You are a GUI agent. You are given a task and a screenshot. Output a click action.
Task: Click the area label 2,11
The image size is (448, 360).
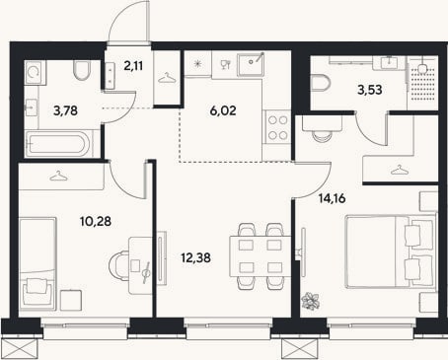[133, 66]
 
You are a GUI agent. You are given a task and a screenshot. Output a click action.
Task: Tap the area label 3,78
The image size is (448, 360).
[65, 110]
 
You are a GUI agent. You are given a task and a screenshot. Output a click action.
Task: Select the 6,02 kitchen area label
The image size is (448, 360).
[223, 110]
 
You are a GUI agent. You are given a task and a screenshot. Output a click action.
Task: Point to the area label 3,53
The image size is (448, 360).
[370, 90]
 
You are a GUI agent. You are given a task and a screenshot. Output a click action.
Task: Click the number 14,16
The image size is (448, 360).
[333, 198]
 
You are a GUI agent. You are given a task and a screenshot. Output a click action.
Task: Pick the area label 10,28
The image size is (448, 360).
[96, 221]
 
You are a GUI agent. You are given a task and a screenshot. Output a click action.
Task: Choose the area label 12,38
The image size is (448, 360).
[196, 257]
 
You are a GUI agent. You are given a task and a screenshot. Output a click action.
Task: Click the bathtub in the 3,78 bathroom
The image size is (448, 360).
[58, 143]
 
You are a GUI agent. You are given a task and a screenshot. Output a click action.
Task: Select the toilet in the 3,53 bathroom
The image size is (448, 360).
[320, 83]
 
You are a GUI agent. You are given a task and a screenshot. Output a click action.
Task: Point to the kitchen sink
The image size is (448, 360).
[251, 63]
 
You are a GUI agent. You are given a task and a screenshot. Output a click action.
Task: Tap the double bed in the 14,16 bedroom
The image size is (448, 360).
[391, 252]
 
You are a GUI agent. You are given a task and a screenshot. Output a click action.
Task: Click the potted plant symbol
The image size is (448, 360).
[311, 301]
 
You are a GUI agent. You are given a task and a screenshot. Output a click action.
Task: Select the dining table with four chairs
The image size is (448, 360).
[260, 256]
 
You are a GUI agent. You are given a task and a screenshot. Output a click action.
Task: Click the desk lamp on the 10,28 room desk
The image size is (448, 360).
[147, 272]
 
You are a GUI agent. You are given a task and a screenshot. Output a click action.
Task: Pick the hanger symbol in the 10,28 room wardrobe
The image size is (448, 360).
[59, 177]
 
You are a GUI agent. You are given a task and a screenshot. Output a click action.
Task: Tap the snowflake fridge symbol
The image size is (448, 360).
[197, 63]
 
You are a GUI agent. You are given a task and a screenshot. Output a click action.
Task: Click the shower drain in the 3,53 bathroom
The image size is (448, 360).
[422, 68]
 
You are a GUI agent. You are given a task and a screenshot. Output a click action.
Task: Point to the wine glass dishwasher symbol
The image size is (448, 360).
[225, 64]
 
